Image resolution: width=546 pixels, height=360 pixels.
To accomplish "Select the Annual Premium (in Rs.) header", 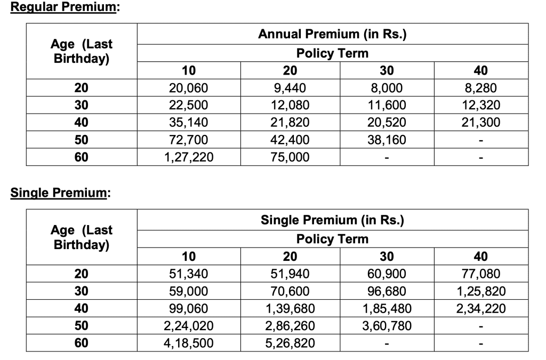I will [332, 35].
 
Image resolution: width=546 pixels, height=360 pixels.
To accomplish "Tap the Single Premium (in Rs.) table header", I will [332, 220].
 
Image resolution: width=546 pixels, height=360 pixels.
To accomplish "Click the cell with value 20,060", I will [189, 89].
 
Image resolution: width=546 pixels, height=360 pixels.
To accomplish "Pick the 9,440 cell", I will [290, 89].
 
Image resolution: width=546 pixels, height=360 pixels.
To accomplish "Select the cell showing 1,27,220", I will [189, 157].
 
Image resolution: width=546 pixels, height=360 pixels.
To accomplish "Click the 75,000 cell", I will [290, 157].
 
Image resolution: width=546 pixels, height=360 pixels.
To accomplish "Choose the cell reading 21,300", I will [481, 123].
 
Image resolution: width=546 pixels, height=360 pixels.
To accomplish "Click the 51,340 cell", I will [189, 274].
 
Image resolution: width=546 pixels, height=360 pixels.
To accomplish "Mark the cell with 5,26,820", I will [290, 343].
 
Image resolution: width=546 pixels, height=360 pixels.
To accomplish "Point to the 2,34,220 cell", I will [481, 308].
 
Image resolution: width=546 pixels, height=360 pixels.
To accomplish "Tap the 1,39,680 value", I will [290, 308].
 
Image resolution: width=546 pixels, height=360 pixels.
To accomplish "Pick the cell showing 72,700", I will [189, 140].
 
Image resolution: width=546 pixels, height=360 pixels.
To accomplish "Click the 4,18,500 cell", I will [189, 343].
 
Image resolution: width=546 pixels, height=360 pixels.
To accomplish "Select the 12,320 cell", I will [481, 106].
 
